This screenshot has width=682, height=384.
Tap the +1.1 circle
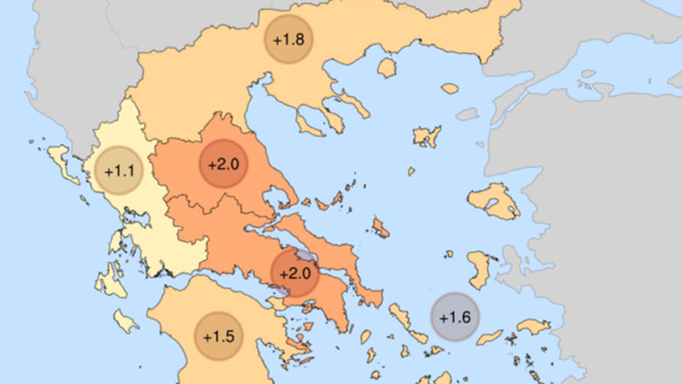(119, 171)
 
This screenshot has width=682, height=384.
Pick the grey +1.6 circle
(455, 318)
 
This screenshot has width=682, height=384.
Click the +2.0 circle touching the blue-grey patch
(295, 273)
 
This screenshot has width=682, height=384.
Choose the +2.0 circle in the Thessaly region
(225, 164)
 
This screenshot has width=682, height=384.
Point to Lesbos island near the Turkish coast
(494, 203)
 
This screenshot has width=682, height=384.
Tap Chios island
(480, 266)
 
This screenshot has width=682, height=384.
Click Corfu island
(62, 162)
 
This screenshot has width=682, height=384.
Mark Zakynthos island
(126, 321)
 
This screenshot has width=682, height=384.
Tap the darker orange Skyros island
(380, 228)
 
